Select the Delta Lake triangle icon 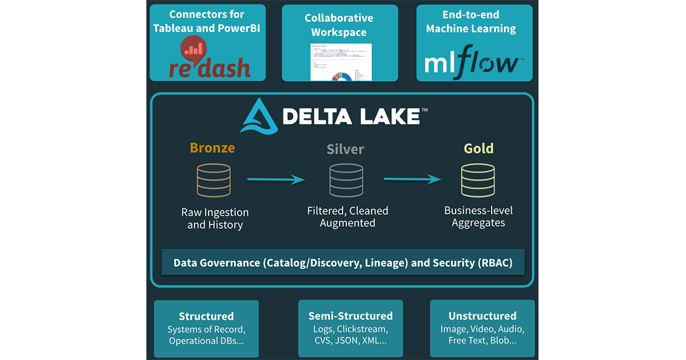point(259,116)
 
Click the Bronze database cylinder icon point(214,181)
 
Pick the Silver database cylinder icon point(346,181)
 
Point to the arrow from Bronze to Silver point(276,180)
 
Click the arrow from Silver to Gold point(412,179)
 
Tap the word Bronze point(212,148)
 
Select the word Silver point(345,150)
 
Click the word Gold point(478,149)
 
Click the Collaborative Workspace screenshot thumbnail point(341,62)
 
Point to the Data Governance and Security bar point(343,263)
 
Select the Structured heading point(206,316)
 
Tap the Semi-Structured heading point(350,316)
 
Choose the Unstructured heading point(482,316)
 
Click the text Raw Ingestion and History point(215,218)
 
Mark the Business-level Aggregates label point(478,217)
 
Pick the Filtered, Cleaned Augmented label point(348,217)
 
